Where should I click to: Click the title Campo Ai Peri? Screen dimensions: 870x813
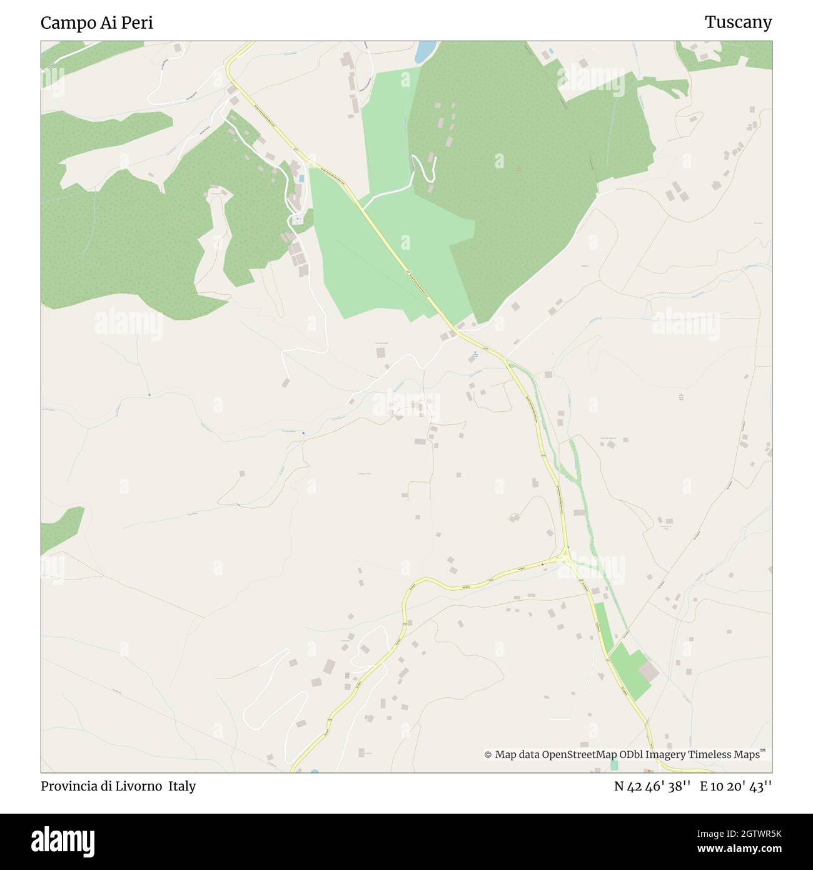click(x=97, y=23)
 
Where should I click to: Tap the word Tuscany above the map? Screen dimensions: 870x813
click(x=738, y=23)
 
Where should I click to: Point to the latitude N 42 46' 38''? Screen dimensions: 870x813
click(x=652, y=786)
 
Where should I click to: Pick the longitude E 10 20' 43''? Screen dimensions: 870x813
click(x=735, y=786)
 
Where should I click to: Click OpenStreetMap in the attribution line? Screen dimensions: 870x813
click(x=581, y=755)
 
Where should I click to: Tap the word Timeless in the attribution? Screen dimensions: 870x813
click(x=710, y=755)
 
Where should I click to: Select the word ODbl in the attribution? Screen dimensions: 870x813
click(x=633, y=755)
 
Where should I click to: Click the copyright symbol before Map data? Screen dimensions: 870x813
click(x=488, y=755)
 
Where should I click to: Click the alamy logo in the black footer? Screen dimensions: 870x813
click(x=63, y=841)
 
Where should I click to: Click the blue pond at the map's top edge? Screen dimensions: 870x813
click(x=425, y=51)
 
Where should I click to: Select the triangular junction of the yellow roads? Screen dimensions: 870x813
click(x=566, y=555)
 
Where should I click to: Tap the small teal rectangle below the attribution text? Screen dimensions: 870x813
click(x=614, y=765)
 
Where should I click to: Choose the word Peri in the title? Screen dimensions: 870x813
click(x=138, y=23)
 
